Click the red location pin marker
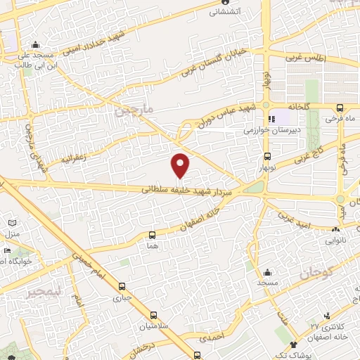(x=181, y=165)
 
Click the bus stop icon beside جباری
(x=123, y=286)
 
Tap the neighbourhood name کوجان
(x=317, y=272)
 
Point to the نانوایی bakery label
(x=335, y=240)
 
